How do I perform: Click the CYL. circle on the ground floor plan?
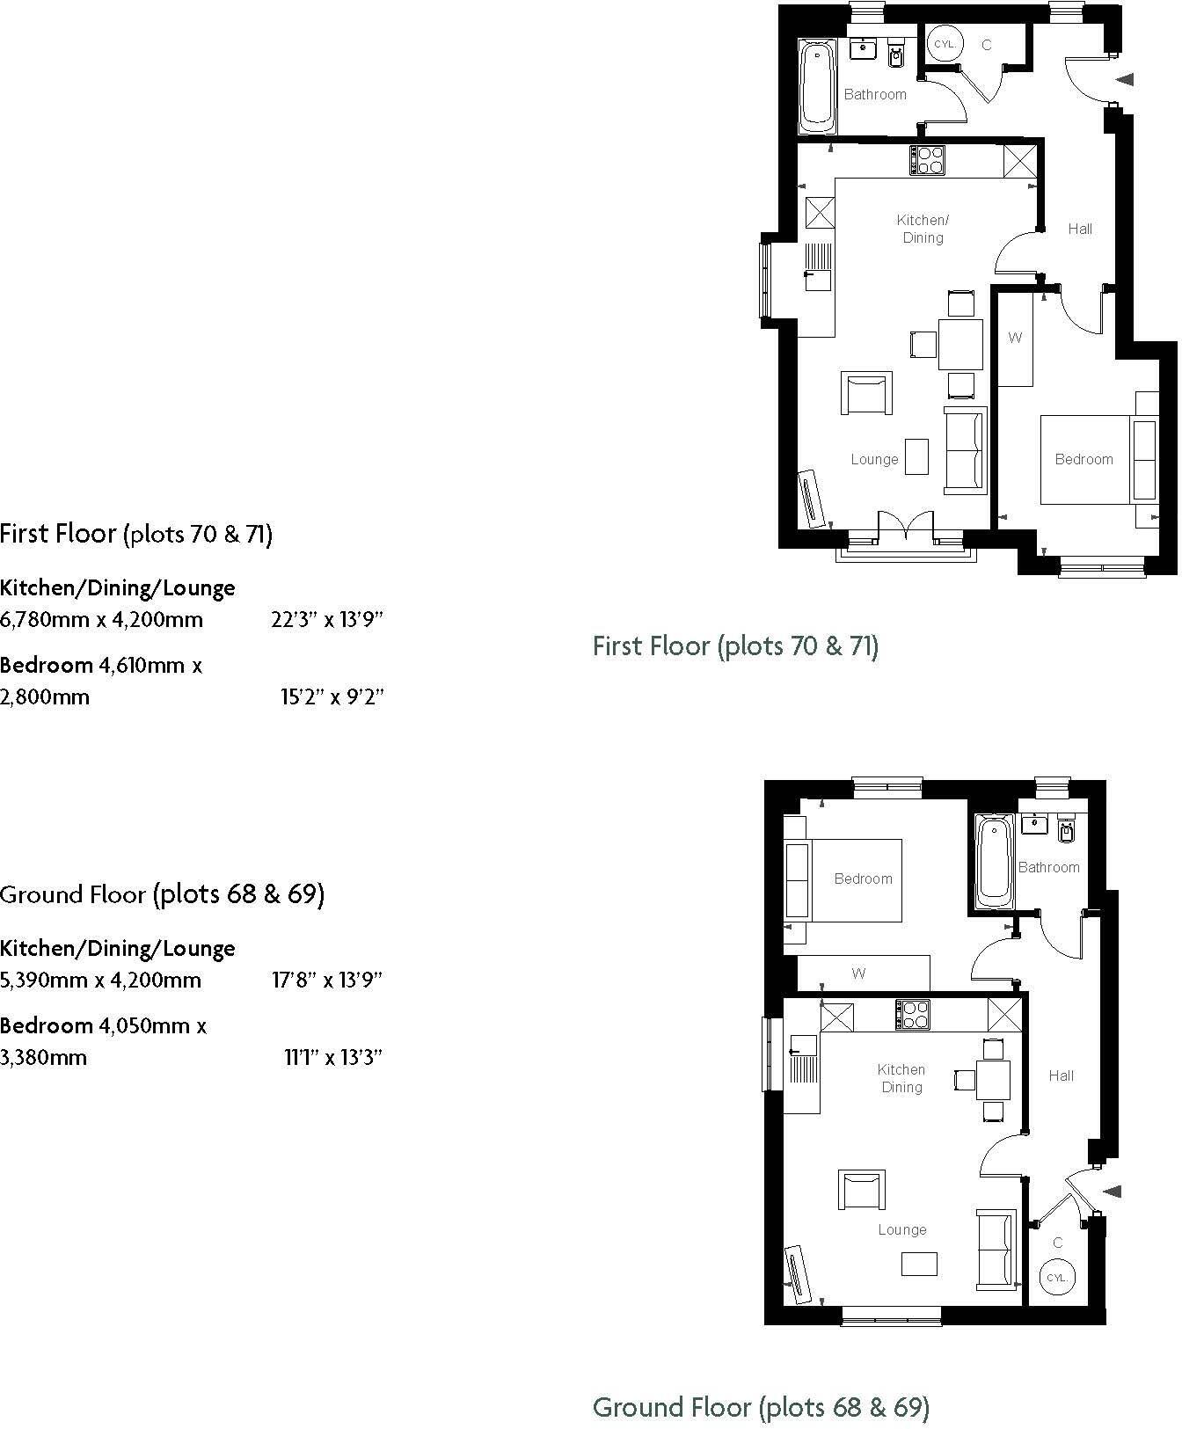click(1056, 1278)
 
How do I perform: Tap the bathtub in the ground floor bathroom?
click(996, 862)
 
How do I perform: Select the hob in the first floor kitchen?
click(927, 160)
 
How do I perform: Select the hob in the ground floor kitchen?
click(913, 1015)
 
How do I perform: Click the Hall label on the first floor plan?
click(1080, 229)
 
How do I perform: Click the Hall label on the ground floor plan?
click(1061, 1075)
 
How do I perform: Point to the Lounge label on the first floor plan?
click(874, 459)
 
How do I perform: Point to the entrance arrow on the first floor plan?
click(1126, 79)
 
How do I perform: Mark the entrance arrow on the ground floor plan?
click(1113, 1192)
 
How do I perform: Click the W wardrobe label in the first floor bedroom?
click(1015, 338)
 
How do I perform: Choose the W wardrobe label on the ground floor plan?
click(858, 973)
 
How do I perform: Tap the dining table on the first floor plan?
click(960, 344)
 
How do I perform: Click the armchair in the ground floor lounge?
click(863, 1191)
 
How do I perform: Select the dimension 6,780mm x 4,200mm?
click(102, 619)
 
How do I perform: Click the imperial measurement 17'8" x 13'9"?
click(327, 980)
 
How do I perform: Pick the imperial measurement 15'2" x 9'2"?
click(332, 697)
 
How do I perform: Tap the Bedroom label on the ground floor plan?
click(863, 879)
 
